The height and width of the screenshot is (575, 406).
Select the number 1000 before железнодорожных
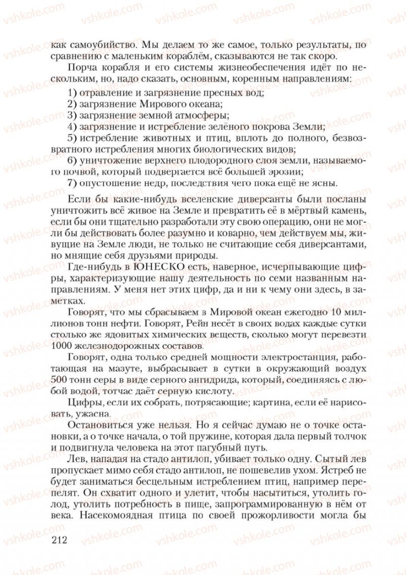click(62, 347)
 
